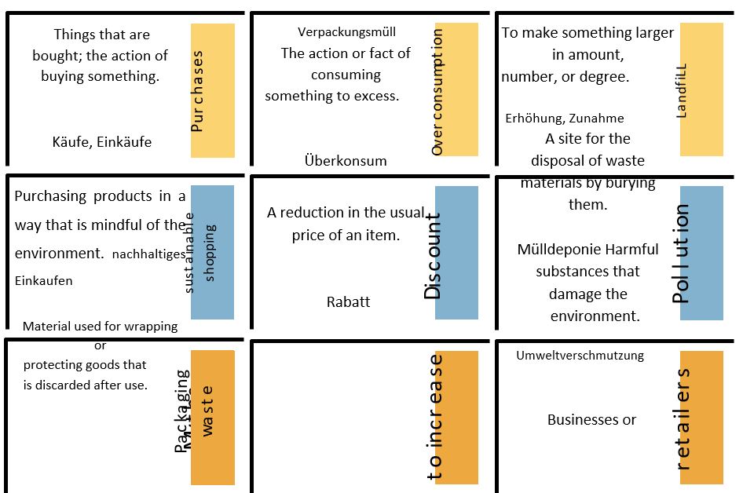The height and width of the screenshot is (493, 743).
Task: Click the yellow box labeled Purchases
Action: (x=213, y=90)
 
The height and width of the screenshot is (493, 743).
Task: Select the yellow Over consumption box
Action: (x=456, y=89)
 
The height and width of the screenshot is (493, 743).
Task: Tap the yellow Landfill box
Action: (x=701, y=89)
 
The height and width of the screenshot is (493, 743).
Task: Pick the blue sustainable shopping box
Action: (x=212, y=252)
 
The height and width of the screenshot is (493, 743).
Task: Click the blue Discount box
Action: (x=456, y=252)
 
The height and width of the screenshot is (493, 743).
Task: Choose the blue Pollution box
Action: (x=701, y=253)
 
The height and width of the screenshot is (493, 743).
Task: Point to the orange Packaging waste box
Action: (x=213, y=417)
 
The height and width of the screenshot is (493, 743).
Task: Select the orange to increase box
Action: (x=456, y=417)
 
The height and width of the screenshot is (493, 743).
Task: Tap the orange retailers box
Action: (x=701, y=417)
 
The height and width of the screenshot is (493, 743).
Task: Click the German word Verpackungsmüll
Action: (x=346, y=32)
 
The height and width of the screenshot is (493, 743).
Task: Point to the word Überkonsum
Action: (x=346, y=161)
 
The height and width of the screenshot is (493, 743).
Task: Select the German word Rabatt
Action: (x=348, y=301)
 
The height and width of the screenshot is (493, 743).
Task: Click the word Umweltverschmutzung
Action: (x=580, y=356)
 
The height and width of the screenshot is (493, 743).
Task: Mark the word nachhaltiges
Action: (x=148, y=254)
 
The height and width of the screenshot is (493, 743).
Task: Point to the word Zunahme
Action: (x=596, y=119)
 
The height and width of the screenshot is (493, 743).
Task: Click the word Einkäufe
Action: (x=124, y=142)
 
